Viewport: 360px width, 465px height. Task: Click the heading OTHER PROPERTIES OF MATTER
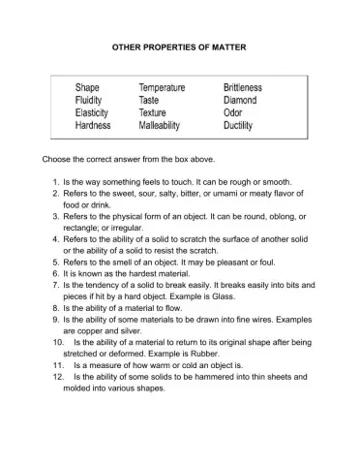(x=179, y=46)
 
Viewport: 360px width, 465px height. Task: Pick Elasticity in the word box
(x=96, y=113)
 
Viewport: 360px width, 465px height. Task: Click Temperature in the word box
(x=168, y=88)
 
